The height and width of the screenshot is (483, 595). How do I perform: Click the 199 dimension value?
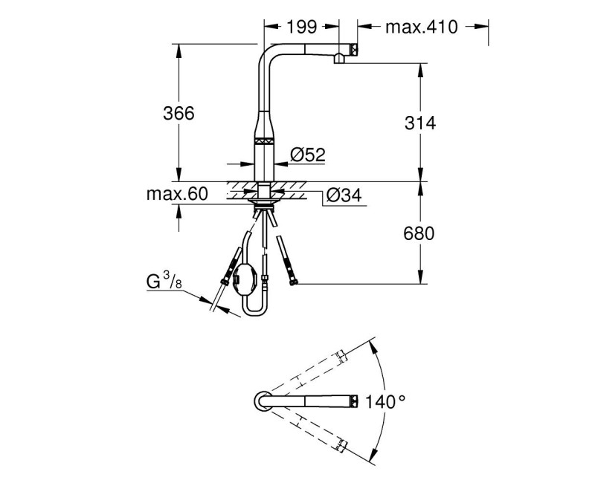click(x=302, y=27)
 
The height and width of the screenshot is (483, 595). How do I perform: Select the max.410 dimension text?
click(x=422, y=27)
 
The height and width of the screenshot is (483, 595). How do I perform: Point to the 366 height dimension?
click(x=178, y=113)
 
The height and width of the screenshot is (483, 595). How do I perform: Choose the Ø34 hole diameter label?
click(x=344, y=195)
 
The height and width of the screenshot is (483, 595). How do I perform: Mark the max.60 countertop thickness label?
click(x=176, y=195)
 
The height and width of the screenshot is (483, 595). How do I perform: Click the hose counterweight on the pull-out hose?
click(x=245, y=282)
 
